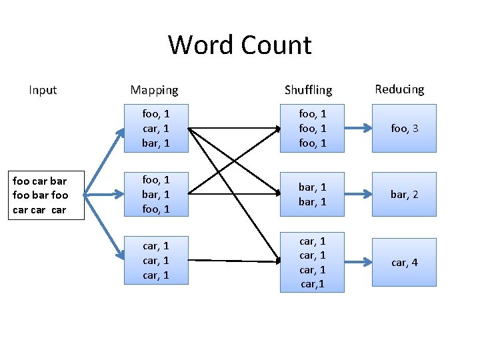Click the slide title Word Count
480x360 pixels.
pyautogui.click(x=239, y=45)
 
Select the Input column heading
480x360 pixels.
pyautogui.click(x=43, y=90)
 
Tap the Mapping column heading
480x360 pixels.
pyautogui.click(x=154, y=90)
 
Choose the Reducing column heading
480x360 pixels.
pyautogui.click(x=399, y=89)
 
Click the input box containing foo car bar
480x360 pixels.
pyautogui.click(x=41, y=195)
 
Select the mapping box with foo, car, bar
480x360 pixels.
pyautogui.click(x=156, y=128)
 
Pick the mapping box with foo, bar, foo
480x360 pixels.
pyautogui.click(x=156, y=195)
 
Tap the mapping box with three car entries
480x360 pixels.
pyautogui.click(x=156, y=261)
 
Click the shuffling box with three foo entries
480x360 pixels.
pyautogui.click(x=312, y=127)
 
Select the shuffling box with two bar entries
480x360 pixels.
pyautogui.click(x=312, y=195)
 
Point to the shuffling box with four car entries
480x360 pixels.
pyautogui.click(x=312, y=263)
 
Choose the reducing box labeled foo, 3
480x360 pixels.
pyautogui.click(x=404, y=128)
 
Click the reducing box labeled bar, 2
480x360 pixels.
pyautogui.click(x=404, y=195)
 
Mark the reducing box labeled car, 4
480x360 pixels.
pyautogui.click(x=404, y=263)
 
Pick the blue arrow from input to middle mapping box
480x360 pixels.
pyautogui.click(x=104, y=195)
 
